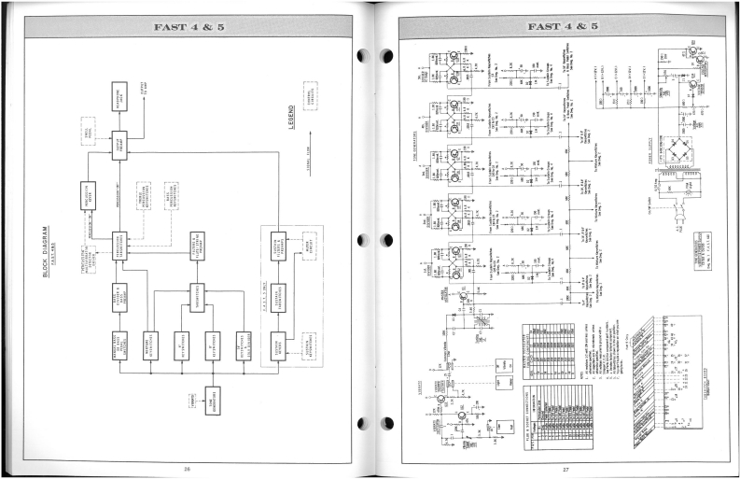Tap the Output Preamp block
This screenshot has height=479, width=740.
(x=119, y=146)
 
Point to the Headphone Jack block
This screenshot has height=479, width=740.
(x=119, y=95)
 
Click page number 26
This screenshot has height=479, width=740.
(x=186, y=467)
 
